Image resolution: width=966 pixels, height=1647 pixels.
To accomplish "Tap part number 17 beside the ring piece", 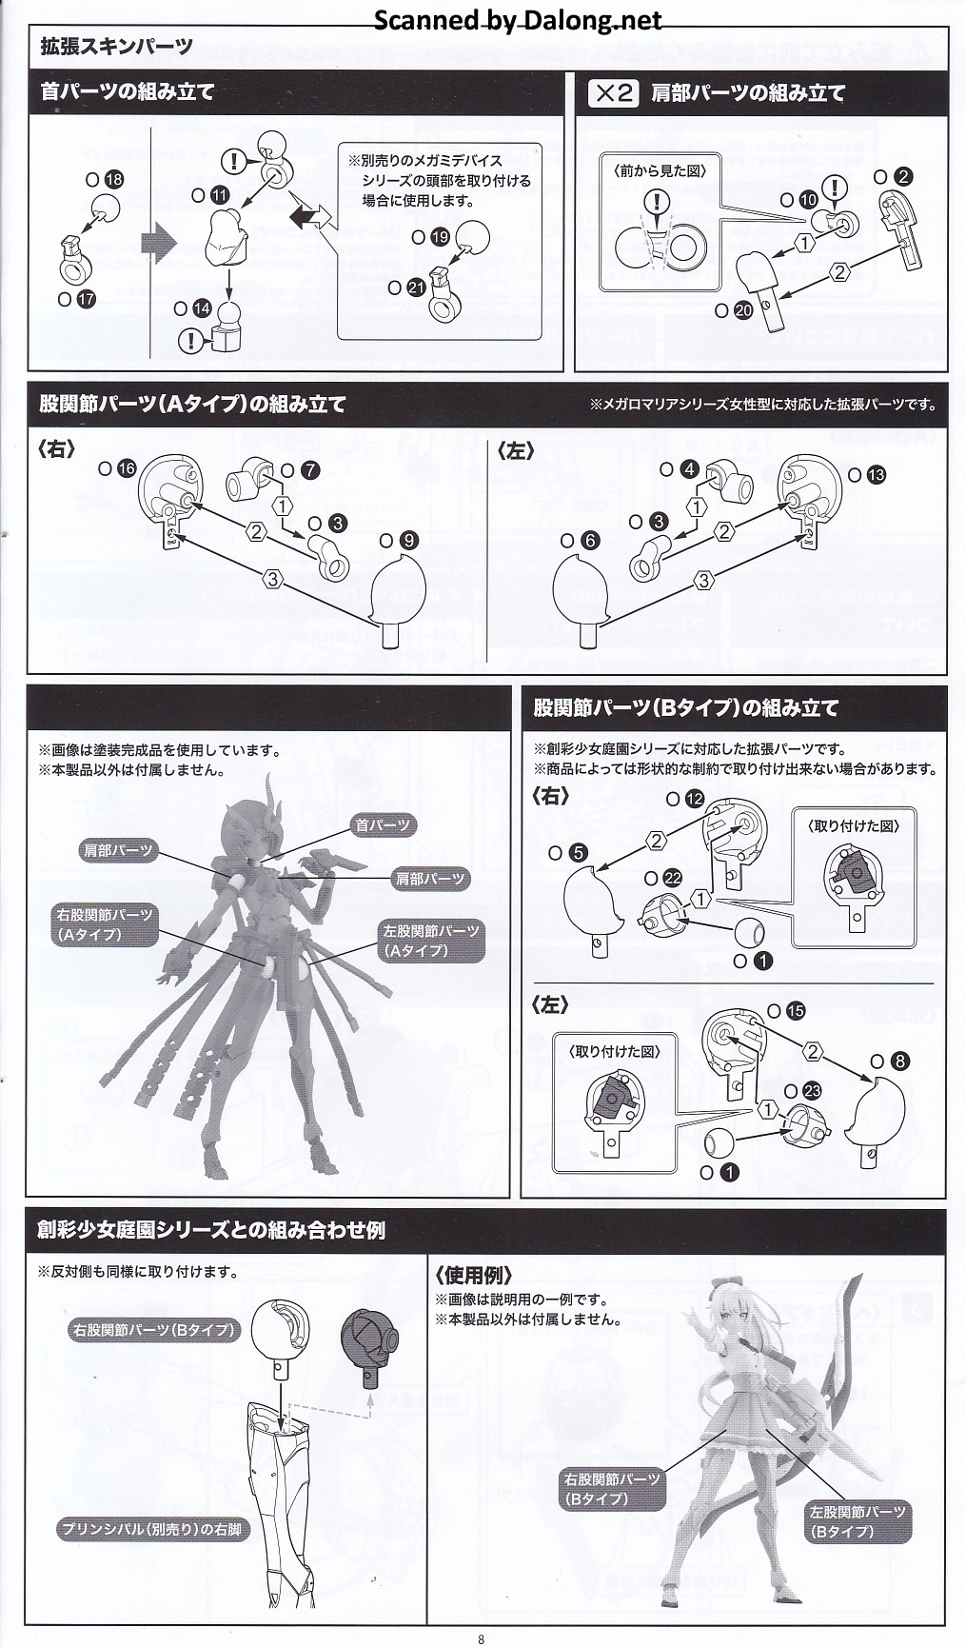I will pyautogui.click(x=87, y=298).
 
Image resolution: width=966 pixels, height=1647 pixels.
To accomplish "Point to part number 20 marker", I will pyautogui.click(x=743, y=309).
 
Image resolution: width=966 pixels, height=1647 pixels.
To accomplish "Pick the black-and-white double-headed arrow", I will pyautogui.click(x=309, y=216).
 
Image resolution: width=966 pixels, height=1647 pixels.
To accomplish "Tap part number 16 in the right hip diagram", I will pyautogui.click(x=127, y=467).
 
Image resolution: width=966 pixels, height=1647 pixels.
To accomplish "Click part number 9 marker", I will pyautogui.click(x=408, y=540).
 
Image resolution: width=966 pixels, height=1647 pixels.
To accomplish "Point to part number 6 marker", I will pyautogui.click(x=590, y=540).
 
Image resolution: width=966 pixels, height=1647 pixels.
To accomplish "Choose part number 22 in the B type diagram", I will pyautogui.click(x=672, y=879).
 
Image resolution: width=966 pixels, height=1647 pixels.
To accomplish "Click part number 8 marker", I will pyautogui.click(x=900, y=1061).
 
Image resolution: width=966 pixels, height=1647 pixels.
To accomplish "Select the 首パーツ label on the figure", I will pyautogui.click(x=383, y=825).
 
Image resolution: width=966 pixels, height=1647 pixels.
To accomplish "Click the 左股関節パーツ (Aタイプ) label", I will pyautogui.click(x=431, y=941).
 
